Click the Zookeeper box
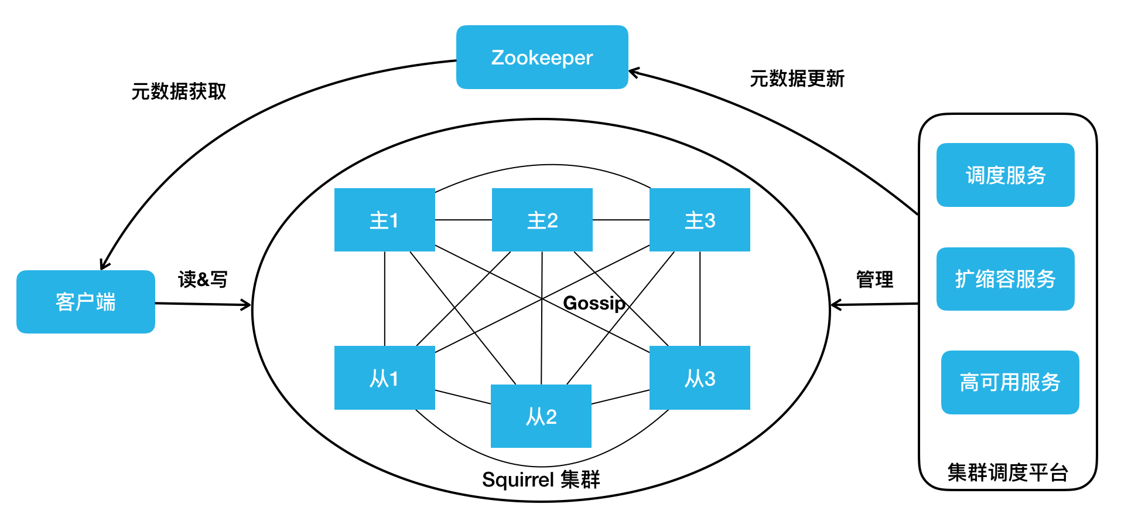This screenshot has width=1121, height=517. (x=542, y=57)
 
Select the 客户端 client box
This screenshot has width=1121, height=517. (x=86, y=302)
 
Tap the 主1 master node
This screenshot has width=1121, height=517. (x=384, y=220)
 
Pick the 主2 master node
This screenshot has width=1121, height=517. (x=542, y=220)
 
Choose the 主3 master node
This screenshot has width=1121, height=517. (x=700, y=220)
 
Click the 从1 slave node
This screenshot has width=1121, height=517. (x=384, y=378)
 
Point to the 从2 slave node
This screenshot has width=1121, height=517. (x=541, y=416)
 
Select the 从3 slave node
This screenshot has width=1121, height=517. (x=700, y=378)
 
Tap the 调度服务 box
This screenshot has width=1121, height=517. (x=1005, y=175)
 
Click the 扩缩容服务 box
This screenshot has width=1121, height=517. (x=1005, y=279)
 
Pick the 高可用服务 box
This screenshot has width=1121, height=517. (x=1010, y=382)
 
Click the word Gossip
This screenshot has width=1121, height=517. (x=594, y=303)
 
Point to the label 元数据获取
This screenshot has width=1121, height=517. (x=179, y=91)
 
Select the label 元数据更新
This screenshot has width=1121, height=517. (x=797, y=79)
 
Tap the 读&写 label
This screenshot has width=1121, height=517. (x=203, y=280)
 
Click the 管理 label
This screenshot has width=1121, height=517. (x=874, y=280)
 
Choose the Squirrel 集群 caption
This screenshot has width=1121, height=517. (x=541, y=479)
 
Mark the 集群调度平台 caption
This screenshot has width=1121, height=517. (x=1007, y=472)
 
